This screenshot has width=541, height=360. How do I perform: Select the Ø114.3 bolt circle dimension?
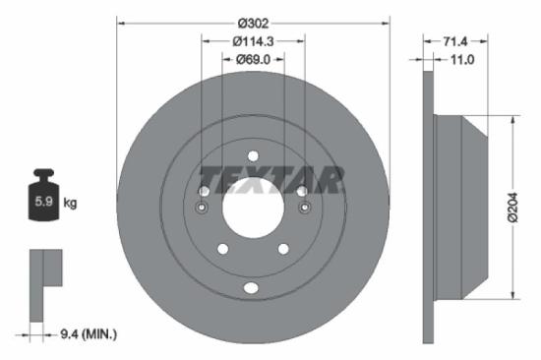tap(253, 40)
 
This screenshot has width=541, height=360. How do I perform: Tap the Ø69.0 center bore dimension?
tap(253, 60)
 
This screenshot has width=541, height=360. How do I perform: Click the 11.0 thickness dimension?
tap(461, 60)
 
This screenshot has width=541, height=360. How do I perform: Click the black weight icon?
tap(43, 198)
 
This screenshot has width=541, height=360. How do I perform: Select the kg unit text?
tap(70, 203)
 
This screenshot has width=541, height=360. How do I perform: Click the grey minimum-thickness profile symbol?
tap(43, 274)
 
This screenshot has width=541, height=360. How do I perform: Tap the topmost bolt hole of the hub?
tap(253, 154)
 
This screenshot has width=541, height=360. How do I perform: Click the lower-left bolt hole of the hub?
tap(222, 249)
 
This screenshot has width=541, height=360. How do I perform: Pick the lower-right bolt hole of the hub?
tap(282, 249)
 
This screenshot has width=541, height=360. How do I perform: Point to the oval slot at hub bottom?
tap(252, 287)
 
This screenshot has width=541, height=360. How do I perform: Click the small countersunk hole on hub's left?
tap(203, 208)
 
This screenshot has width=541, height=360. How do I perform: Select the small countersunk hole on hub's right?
tap(303, 208)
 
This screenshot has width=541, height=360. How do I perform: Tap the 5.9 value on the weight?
tap(42, 203)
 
